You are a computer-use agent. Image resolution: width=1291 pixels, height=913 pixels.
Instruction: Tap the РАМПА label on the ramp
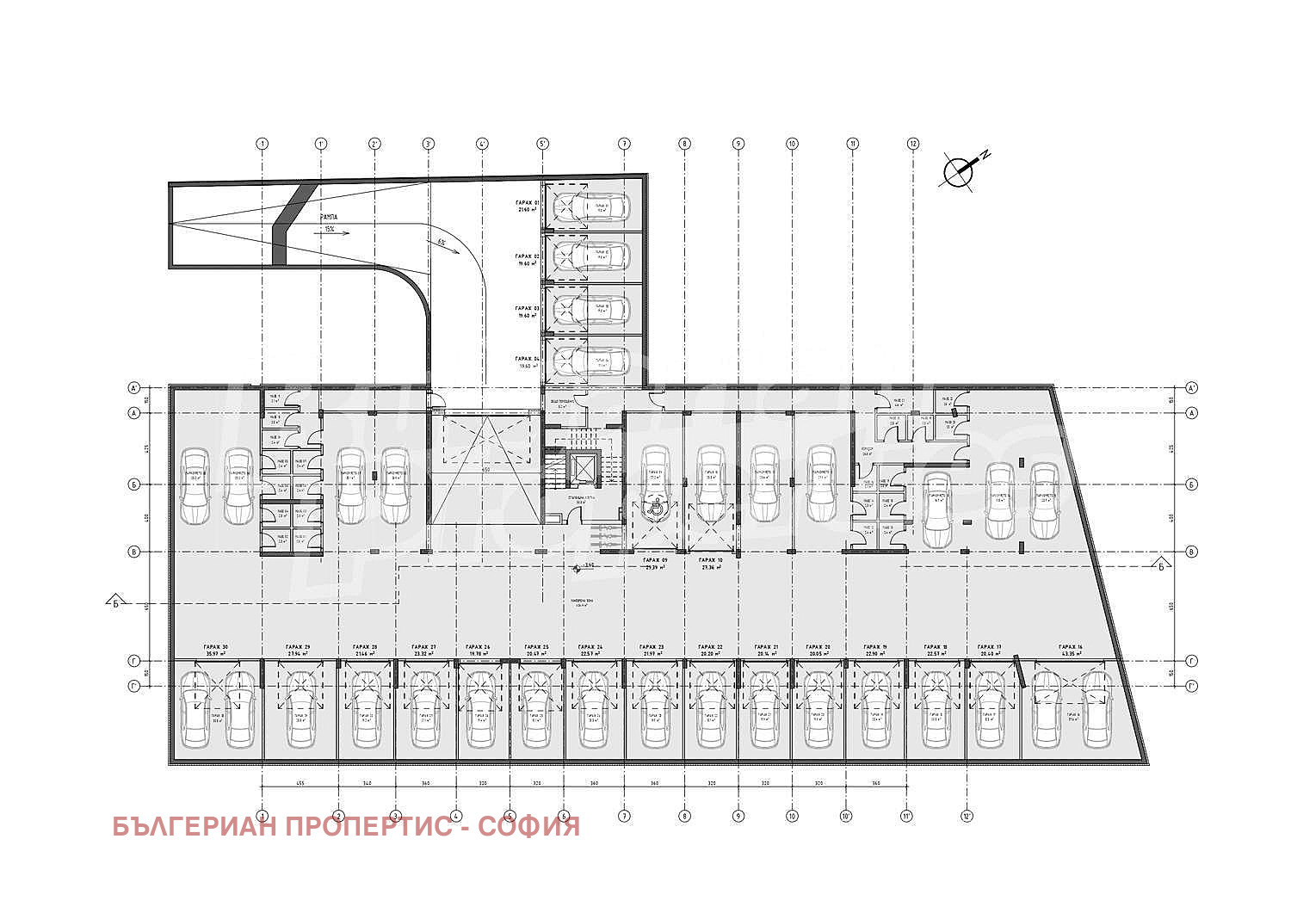point(328,218)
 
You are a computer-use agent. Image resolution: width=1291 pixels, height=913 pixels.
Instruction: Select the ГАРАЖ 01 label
point(527,202)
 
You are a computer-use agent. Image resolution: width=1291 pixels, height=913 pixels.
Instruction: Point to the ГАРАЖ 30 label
point(216,647)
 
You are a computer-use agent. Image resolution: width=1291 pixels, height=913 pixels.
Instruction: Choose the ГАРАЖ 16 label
point(1071,647)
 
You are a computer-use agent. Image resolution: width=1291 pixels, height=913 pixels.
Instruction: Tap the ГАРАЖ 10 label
point(711,561)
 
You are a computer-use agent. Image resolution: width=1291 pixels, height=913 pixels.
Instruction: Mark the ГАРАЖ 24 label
point(590,647)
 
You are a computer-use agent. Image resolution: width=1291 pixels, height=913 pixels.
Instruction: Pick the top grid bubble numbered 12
point(913,144)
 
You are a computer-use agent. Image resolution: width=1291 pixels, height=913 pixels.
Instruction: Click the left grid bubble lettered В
point(134,552)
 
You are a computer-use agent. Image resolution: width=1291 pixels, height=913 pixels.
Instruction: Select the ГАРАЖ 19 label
point(875,647)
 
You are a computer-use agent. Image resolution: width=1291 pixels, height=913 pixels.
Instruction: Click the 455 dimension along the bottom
point(300,784)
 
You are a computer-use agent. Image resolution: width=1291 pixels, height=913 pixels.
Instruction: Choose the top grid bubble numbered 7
point(624,144)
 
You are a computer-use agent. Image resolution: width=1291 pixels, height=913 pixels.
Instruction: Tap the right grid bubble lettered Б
point(1192,484)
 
